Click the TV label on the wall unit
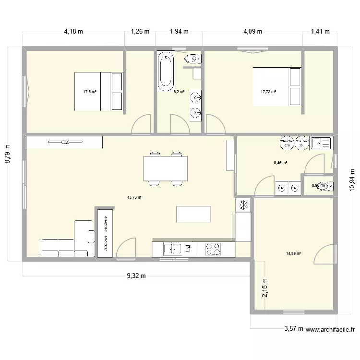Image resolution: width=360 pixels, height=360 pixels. [64, 142]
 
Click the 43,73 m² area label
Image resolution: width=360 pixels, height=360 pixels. [135, 197]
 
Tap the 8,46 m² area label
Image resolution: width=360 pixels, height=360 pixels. [280, 163]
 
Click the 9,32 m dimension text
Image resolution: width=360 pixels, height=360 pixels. [136, 276]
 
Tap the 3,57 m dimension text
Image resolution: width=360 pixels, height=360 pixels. [293, 329]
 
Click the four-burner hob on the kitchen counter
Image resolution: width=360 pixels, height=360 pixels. [213, 249]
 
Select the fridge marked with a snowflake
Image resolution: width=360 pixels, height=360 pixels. [243, 205]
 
